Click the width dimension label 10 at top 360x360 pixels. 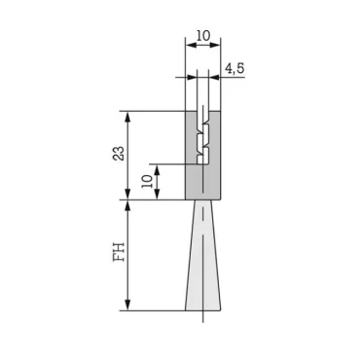pos(202,35)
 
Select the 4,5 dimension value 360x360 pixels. pos(234,68)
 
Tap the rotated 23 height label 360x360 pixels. pos(120,154)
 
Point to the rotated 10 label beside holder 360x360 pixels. pos(147,181)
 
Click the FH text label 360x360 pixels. pos(120,254)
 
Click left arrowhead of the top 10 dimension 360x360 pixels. pos(188,44)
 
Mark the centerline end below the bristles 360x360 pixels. pos(202,320)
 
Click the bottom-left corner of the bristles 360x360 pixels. pos(181,310)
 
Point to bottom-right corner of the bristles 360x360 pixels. pos(224,310)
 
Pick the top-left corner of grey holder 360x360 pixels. pos(185,111)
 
